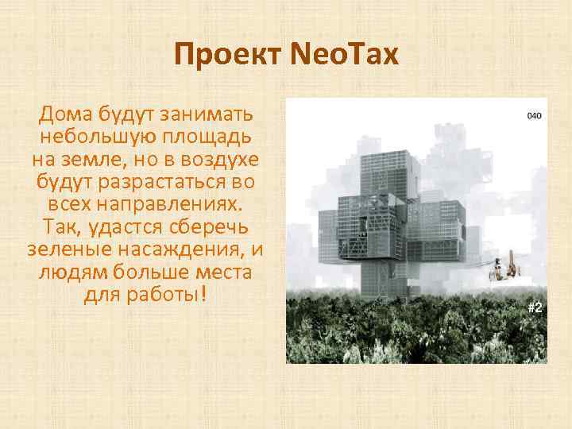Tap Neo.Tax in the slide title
pos(343,56)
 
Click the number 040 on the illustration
pos(534,116)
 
